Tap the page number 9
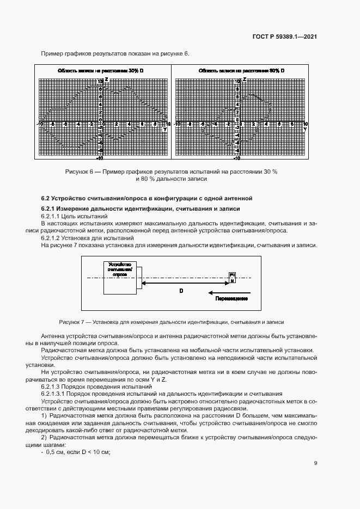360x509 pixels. click(x=316, y=463)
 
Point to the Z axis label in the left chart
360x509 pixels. click(x=106, y=80)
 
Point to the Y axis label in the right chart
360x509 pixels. click(x=305, y=130)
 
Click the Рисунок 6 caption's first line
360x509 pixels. click(x=171, y=171)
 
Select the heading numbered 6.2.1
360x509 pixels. click(x=141, y=209)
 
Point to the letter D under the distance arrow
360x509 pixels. click(x=181, y=291)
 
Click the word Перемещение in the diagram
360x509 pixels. click(x=232, y=299)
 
